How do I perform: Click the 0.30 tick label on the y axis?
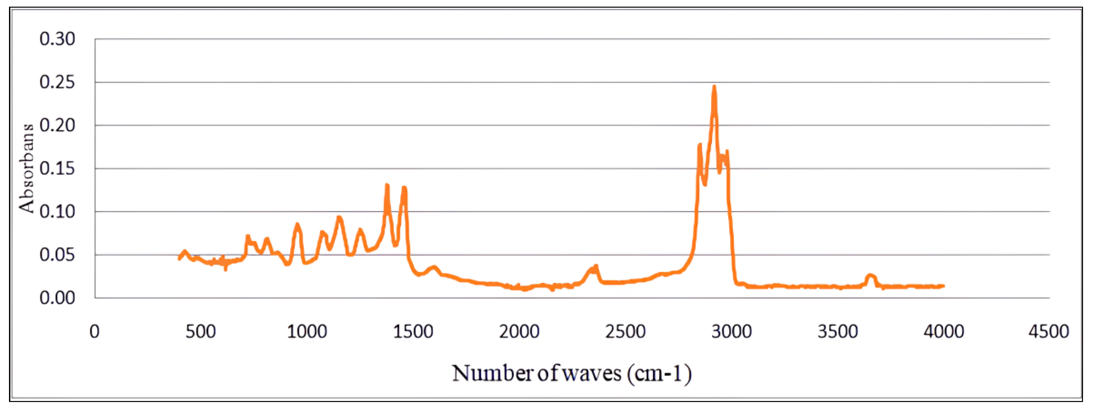[x=57, y=39]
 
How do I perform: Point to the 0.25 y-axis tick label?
[x=57, y=82]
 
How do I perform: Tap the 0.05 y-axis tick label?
[x=57, y=255]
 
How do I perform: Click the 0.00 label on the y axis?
[x=57, y=298]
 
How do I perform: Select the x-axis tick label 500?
[x=201, y=331]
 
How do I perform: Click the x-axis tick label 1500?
[x=413, y=331]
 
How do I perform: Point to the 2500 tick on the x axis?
[x=625, y=331]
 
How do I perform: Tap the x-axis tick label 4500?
[x=1048, y=331]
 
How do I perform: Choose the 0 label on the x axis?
[x=95, y=331]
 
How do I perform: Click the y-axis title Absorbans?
[x=26, y=168]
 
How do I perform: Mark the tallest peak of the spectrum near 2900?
[x=714, y=87]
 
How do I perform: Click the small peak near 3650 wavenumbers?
[x=870, y=275]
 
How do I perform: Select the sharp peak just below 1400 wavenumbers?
[x=387, y=185]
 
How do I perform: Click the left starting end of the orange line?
[x=179, y=258]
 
